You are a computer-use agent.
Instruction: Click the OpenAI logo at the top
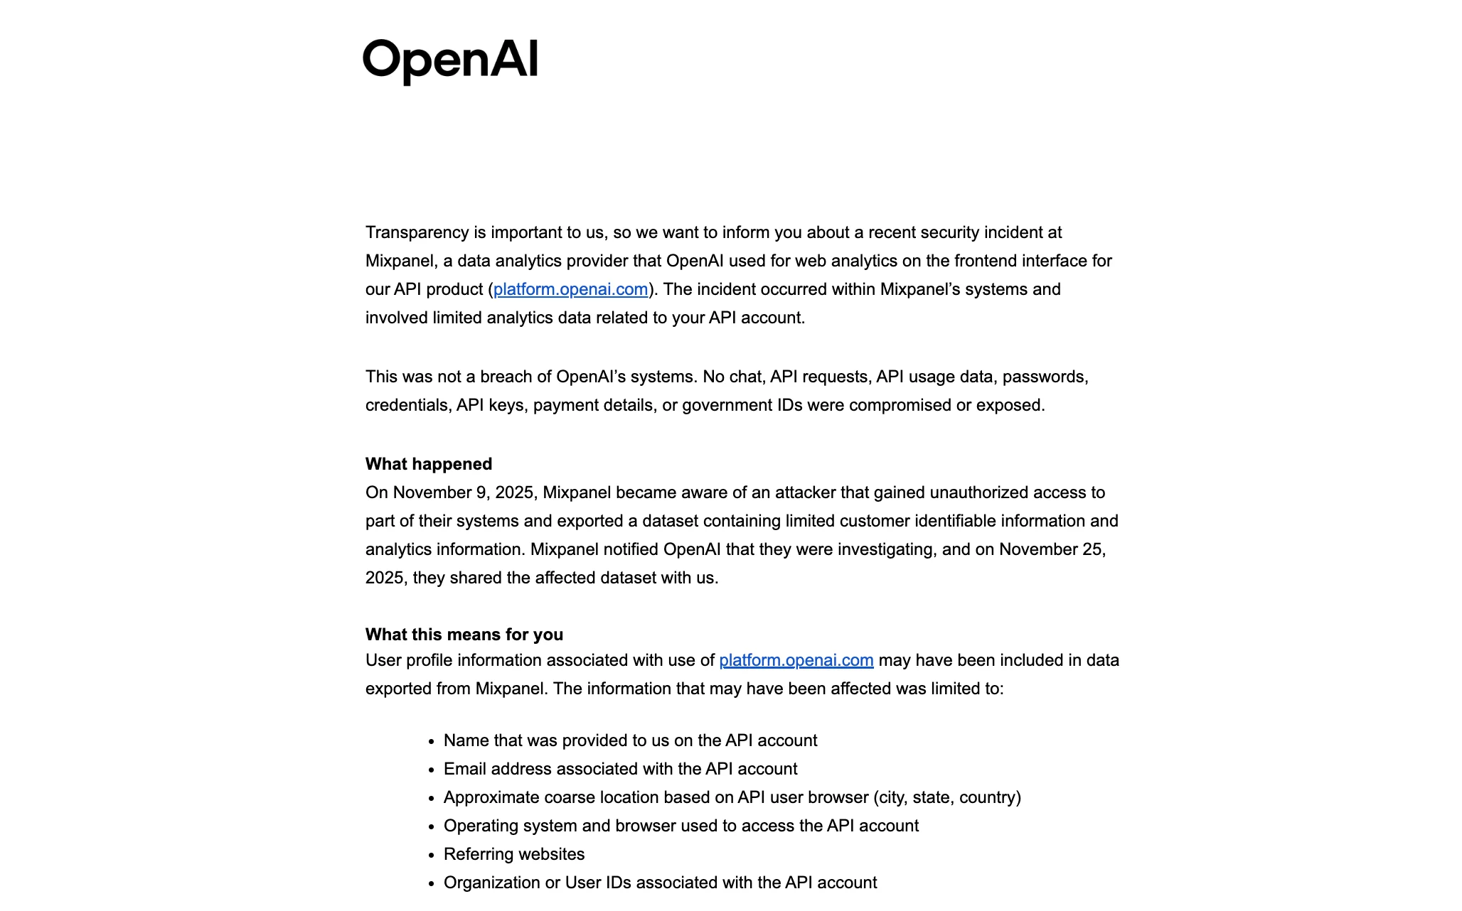pos(450,61)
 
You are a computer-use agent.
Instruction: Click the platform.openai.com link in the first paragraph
pos(570,290)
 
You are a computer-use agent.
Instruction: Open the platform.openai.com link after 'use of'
pos(796,661)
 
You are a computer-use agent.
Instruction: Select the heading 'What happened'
pos(428,464)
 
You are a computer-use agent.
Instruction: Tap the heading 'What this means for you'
pos(464,635)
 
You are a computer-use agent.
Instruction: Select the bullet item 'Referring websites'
pos(513,854)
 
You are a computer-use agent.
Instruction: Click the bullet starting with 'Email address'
pos(620,769)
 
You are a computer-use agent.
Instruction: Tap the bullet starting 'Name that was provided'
pos(630,740)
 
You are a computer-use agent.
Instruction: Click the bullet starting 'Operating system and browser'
pos(681,826)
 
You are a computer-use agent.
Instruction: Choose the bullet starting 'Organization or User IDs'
pos(660,883)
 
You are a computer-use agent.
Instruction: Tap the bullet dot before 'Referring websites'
pos(431,856)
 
